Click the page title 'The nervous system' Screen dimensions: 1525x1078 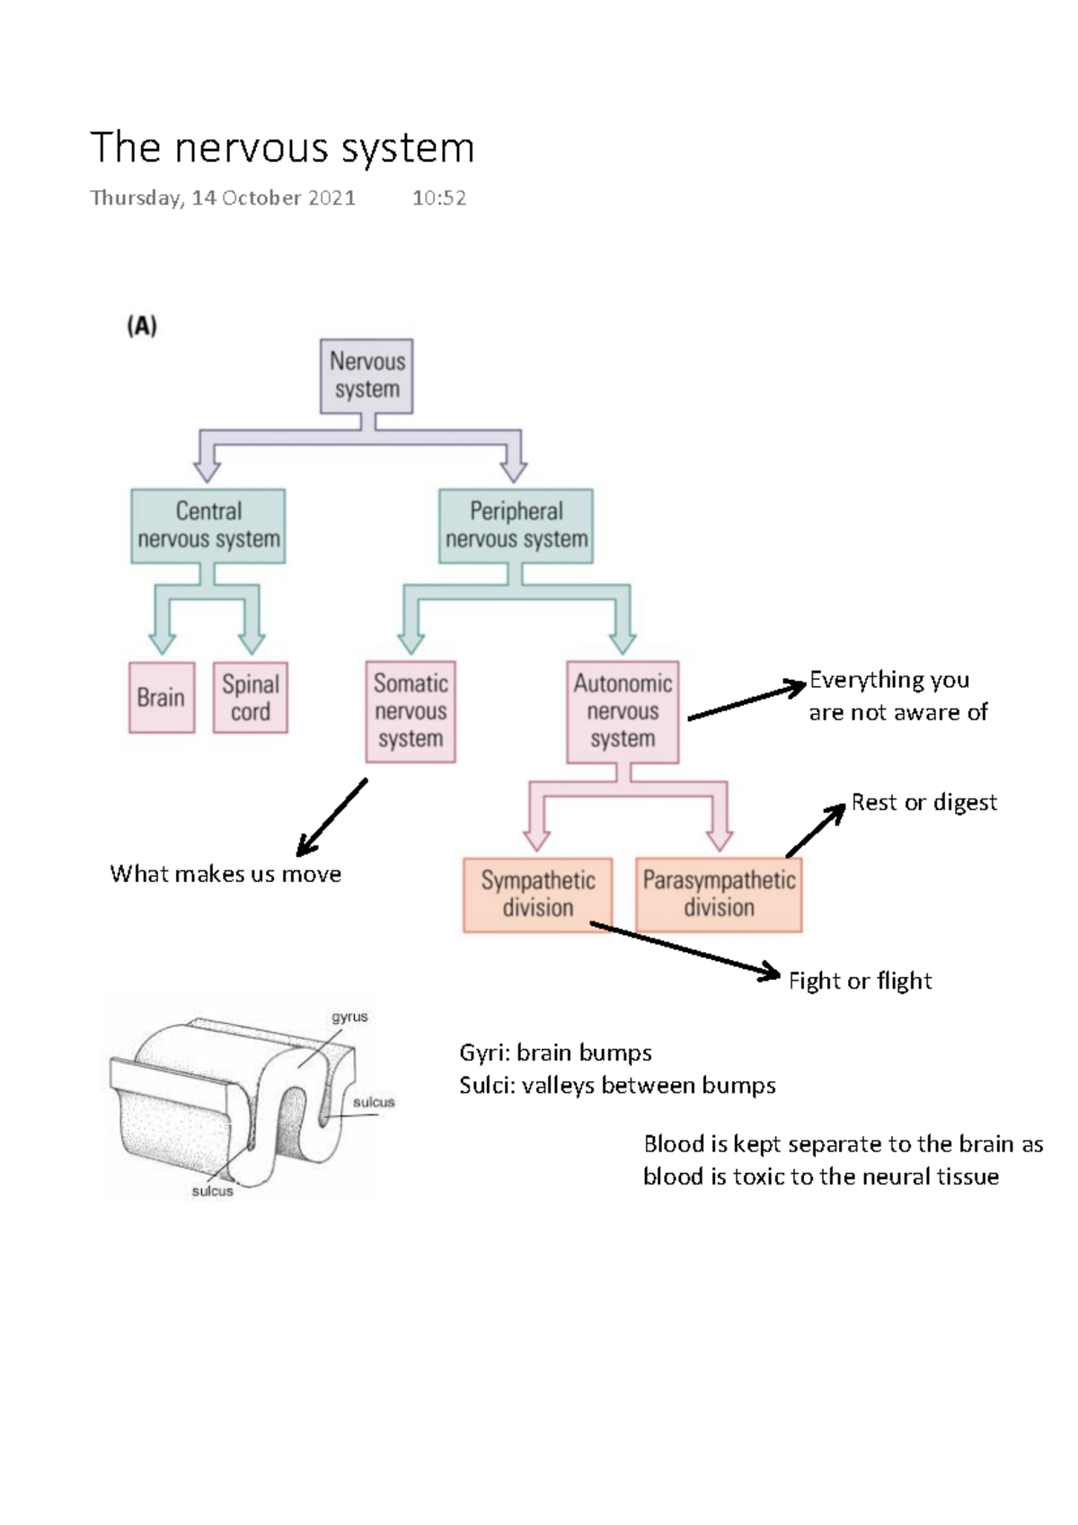click(282, 148)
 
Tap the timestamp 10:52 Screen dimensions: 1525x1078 click(438, 198)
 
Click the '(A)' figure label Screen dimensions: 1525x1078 click(142, 326)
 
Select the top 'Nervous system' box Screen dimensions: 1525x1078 click(367, 375)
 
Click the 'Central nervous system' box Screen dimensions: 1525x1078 click(208, 525)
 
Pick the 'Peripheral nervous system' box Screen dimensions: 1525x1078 click(516, 525)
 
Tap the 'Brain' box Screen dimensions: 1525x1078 click(162, 698)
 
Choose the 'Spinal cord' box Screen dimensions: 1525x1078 click(251, 698)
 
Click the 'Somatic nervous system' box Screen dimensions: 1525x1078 click(411, 711)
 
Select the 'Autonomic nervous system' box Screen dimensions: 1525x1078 click(623, 711)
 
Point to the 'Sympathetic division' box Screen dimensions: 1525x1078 click(537, 895)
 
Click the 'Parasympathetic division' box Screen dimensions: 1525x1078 click(719, 895)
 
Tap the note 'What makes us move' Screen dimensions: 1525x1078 click(225, 875)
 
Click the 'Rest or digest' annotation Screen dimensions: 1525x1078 click(923, 803)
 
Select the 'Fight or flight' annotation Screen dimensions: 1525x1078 click(860, 981)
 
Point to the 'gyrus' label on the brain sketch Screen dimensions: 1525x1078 click(349, 1018)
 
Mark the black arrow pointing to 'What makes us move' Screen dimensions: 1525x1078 click(331, 817)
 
